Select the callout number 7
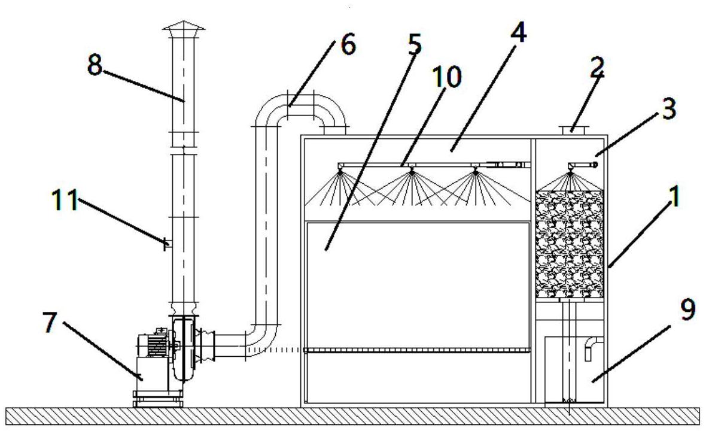[x=50, y=322]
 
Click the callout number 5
[x=414, y=44]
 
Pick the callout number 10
[x=447, y=77]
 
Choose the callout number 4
[x=518, y=32]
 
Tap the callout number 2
[x=597, y=68]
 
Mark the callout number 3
[x=669, y=108]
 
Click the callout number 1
[x=674, y=196]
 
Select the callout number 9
[x=687, y=309]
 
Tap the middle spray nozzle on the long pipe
[x=411, y=170]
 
